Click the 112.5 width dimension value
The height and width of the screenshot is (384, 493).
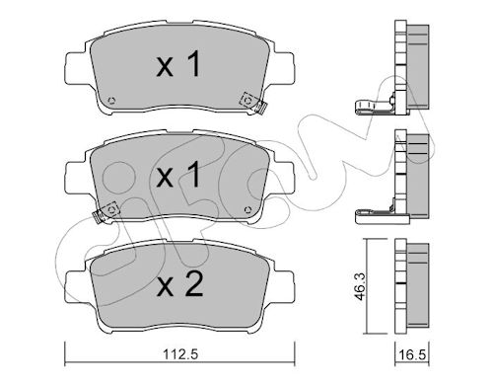point(180,354)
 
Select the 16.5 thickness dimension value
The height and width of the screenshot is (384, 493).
point(412,354)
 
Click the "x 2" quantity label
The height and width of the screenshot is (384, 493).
point(180,285)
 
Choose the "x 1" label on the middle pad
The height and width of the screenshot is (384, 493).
point(178,175)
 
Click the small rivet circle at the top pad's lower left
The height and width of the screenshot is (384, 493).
point(111,101)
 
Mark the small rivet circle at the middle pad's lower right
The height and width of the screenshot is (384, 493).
point(247,209)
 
